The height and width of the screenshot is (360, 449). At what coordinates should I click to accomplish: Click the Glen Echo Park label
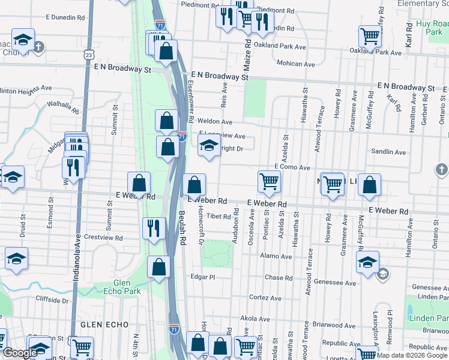[130, 287]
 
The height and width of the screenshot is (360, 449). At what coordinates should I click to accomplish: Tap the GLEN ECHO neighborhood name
[104, 325]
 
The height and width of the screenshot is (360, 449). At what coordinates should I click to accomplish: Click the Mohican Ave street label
[296, 64]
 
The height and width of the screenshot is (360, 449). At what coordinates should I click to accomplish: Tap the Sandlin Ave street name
[388, 152]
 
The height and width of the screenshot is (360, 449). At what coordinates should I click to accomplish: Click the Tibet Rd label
[218, 216]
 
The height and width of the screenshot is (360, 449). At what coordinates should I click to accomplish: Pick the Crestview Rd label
[103, 238]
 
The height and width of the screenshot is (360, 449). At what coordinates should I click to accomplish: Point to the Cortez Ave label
[265, 298]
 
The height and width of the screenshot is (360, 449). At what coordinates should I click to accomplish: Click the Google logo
[20, 353]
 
